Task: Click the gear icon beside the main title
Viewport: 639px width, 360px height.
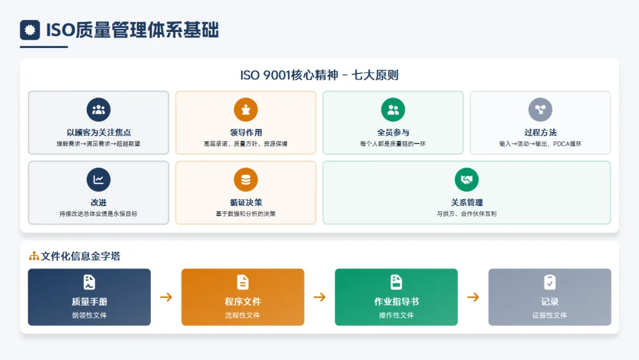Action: (30, 30)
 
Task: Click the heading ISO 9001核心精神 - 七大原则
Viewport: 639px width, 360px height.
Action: (319, 75)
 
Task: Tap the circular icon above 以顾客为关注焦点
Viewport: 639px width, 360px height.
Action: (98, 110)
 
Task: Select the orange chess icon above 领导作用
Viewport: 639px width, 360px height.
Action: (246, 110)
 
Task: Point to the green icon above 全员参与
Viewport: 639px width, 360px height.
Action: (393, 110)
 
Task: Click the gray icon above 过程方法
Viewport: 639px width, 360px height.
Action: (540, 110)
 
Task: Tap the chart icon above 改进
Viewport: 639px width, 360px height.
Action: (98, 180)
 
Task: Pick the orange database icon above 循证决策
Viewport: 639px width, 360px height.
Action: (246, 180)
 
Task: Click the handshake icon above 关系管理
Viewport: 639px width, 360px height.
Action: (467, 180)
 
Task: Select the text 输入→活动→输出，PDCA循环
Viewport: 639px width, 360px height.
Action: (540, 144)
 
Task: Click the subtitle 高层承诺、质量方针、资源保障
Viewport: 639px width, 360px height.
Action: (246, 144)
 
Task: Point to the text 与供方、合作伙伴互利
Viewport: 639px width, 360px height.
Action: (467, 214)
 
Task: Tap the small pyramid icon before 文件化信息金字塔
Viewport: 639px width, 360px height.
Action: (34, 256)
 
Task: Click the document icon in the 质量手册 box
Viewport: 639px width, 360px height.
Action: (89, 282)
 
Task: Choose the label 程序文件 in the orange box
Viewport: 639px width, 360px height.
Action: (243, 301)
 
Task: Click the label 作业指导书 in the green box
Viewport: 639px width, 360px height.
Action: (396, 301)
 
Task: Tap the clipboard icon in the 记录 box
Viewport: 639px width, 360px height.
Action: (550, 282)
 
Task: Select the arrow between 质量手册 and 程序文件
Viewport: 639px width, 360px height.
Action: (166, 297)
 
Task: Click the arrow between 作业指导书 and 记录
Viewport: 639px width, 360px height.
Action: (473, 297)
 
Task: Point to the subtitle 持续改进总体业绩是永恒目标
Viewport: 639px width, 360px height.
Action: (98, 214)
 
